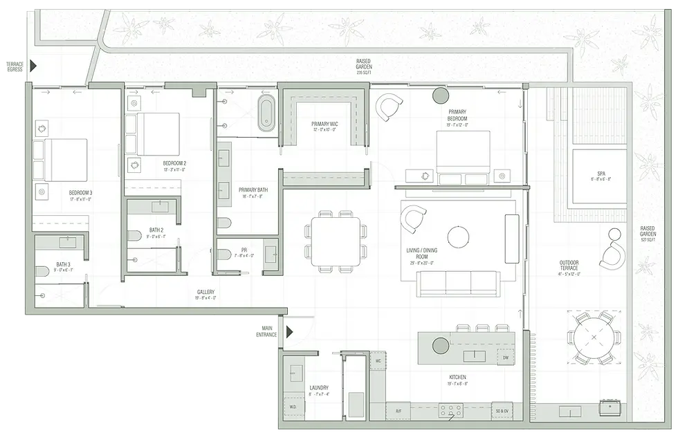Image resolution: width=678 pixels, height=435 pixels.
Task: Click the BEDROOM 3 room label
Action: click(x=80, y=192)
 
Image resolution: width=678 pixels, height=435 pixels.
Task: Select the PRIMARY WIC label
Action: click(x=324, y=124)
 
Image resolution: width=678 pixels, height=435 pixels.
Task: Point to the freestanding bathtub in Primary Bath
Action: click(x=266, y=113)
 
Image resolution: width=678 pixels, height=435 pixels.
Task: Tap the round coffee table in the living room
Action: click(x=459, y=237)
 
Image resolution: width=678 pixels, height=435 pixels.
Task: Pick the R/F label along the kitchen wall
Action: click(x=398, y=410)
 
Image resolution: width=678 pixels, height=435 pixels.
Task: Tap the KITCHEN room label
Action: click(x=457, y=378)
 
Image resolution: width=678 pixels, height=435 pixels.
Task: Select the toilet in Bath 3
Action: click(x=42, y=271)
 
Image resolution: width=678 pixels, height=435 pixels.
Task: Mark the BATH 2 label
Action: click(x=156, y=230)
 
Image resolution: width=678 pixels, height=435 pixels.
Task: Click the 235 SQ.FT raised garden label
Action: click(x=364, y=66)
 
